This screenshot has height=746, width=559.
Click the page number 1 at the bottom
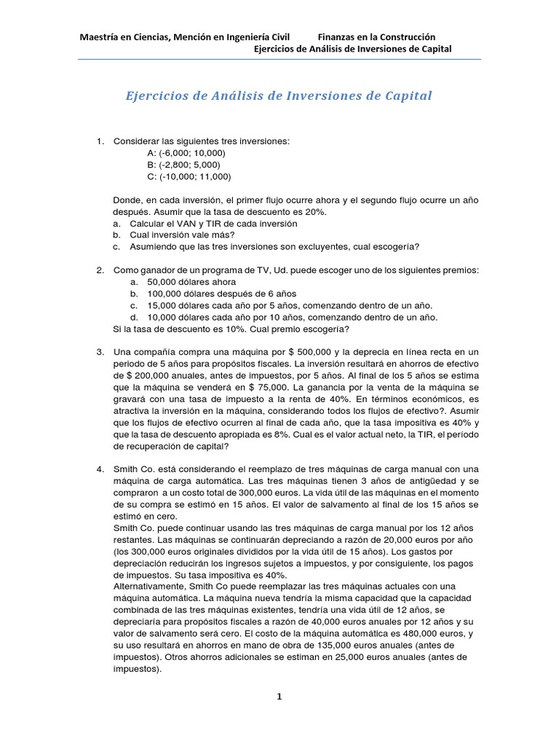pyautogui.click(x=279, y=696)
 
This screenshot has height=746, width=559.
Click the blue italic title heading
pyautogui.click(x=279, y=96)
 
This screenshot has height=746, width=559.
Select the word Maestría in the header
pyautogui.click(x=100, y=36)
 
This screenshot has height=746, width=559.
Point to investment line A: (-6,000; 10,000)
pyautogui.click(x=186, y=153)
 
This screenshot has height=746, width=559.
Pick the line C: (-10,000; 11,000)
pyautogui.click(x=189, y=176)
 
